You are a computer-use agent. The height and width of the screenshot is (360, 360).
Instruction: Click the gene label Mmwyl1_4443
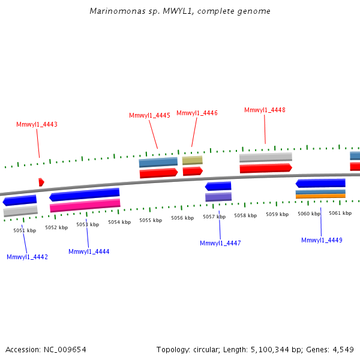point(37,125)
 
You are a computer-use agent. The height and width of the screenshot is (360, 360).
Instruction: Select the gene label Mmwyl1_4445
point(149,115)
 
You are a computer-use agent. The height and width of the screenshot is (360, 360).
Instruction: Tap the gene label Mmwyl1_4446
point(197,113)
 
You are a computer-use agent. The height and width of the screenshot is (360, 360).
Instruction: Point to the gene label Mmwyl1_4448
point(265,110)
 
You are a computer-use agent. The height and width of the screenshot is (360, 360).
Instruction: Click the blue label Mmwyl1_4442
point(27,257)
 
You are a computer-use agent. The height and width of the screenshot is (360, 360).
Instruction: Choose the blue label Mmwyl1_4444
point(89,251)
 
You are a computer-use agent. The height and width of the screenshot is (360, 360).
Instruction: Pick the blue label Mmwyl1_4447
point(220,243)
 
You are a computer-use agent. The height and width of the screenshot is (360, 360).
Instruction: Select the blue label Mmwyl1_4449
point(322,240)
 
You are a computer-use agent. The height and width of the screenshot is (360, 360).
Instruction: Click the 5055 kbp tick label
point(151,220)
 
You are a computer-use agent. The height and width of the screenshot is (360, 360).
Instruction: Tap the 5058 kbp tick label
point(245,215)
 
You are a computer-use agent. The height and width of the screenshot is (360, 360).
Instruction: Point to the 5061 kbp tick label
point(340,213)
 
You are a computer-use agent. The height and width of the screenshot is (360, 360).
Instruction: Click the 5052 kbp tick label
point(56,227)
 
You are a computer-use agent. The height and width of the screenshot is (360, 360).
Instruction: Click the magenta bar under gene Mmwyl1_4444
point(85,206)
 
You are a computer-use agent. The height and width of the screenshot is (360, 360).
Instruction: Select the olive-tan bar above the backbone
point(192,160)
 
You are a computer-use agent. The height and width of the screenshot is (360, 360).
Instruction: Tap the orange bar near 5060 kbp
point(320,196)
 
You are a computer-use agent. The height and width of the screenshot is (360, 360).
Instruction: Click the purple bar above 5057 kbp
point(218,197)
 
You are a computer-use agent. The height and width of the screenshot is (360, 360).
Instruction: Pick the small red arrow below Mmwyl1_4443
point(41,182)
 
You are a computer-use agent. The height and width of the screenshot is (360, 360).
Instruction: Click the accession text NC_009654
point(46,349)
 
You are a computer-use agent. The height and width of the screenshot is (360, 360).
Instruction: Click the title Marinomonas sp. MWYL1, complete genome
point(180,11)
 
